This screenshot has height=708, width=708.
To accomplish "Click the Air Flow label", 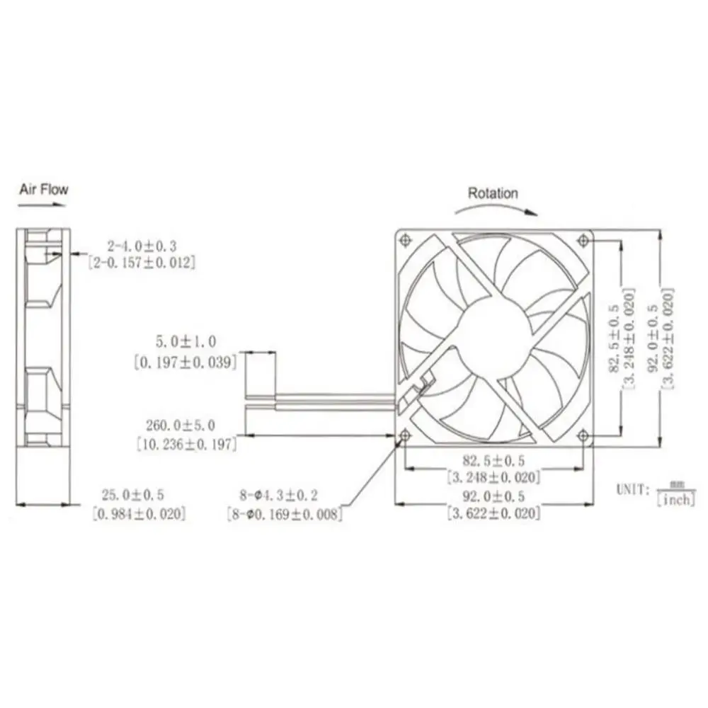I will point(43,189).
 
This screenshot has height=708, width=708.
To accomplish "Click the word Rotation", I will point(493,193).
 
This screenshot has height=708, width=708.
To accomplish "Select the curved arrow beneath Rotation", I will point(495,207).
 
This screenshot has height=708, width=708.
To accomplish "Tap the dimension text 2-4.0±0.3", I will point(141,246).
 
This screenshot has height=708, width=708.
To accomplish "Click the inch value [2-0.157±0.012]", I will point(141,261).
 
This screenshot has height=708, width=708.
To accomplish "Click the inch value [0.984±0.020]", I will point(139,513).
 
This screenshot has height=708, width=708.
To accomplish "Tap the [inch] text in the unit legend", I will point(675,500).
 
